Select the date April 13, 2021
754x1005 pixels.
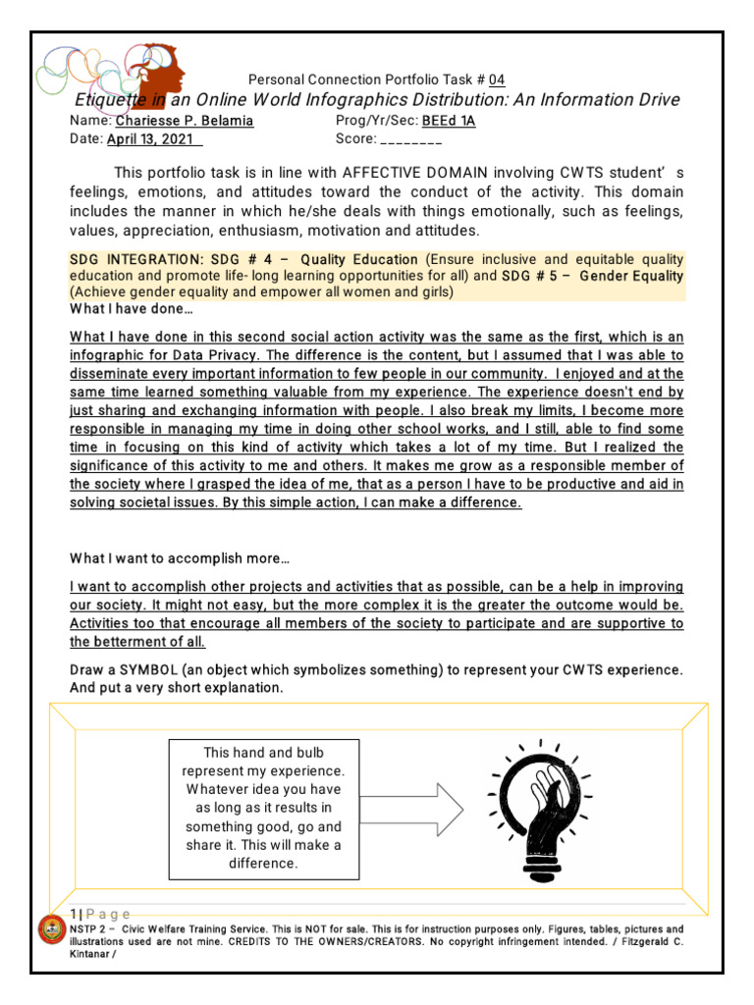(149, 139)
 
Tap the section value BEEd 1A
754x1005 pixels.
(456, 121)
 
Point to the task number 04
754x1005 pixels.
(497, 79)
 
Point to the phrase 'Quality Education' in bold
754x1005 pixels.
(359, 259)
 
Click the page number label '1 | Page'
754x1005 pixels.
(100, 914)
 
